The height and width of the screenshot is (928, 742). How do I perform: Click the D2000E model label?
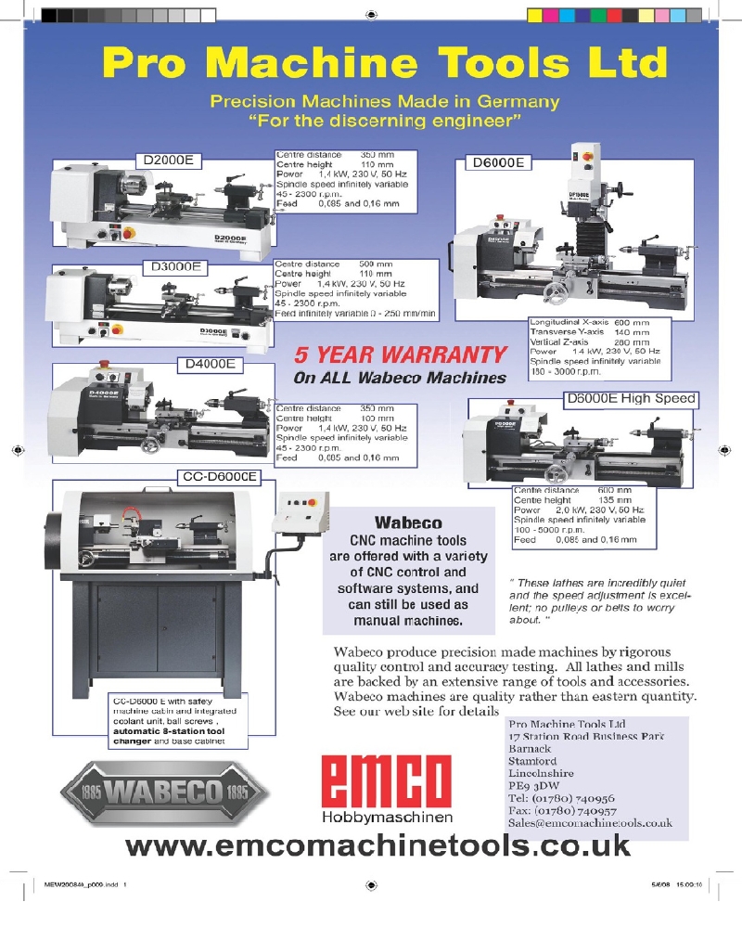pyautogui.click(x=169, y=160)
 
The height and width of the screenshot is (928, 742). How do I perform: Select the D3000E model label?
pyautogui.click(x=181, y=267)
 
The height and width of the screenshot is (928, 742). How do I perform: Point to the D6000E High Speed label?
pyautogui.click(x=629, y=399)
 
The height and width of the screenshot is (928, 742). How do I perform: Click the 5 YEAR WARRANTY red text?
pyautogui.click(x=401, y=354)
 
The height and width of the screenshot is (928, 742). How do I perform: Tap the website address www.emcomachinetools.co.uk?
pyautogui.click(x=377, y=845)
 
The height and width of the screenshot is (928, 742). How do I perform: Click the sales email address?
pyautogui.click(x=590, y=822)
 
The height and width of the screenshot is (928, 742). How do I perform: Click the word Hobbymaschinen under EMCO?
pyautogui.click(x=387, y=818)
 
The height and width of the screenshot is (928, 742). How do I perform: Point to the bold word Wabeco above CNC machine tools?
pyautogui.click(x=407, y=522)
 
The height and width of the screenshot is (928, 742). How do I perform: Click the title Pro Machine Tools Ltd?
pyautogui.click(x=384, y=62)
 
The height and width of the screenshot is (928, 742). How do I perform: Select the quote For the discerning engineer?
pyautogui.click(x=385, y=121)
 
